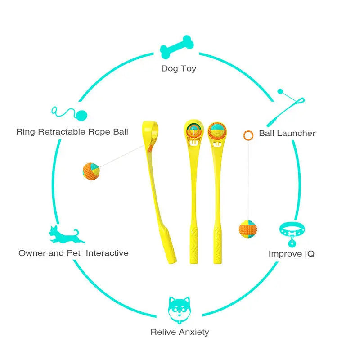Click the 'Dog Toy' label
179,69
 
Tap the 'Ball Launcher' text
287,133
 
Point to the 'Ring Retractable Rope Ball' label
72,132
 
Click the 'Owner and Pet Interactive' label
73,253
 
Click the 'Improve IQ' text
291,254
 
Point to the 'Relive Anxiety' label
180,332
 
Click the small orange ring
248,135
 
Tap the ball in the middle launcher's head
193,130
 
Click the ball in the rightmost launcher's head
218,130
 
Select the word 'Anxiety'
194,332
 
